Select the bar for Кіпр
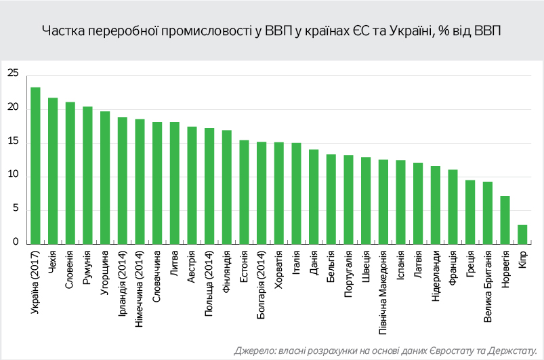tap(522, 235)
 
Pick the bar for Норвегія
tap(505, 220)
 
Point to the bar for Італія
tap(296, 193)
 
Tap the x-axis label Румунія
tap(87, 268)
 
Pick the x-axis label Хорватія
tap(279, 270)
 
